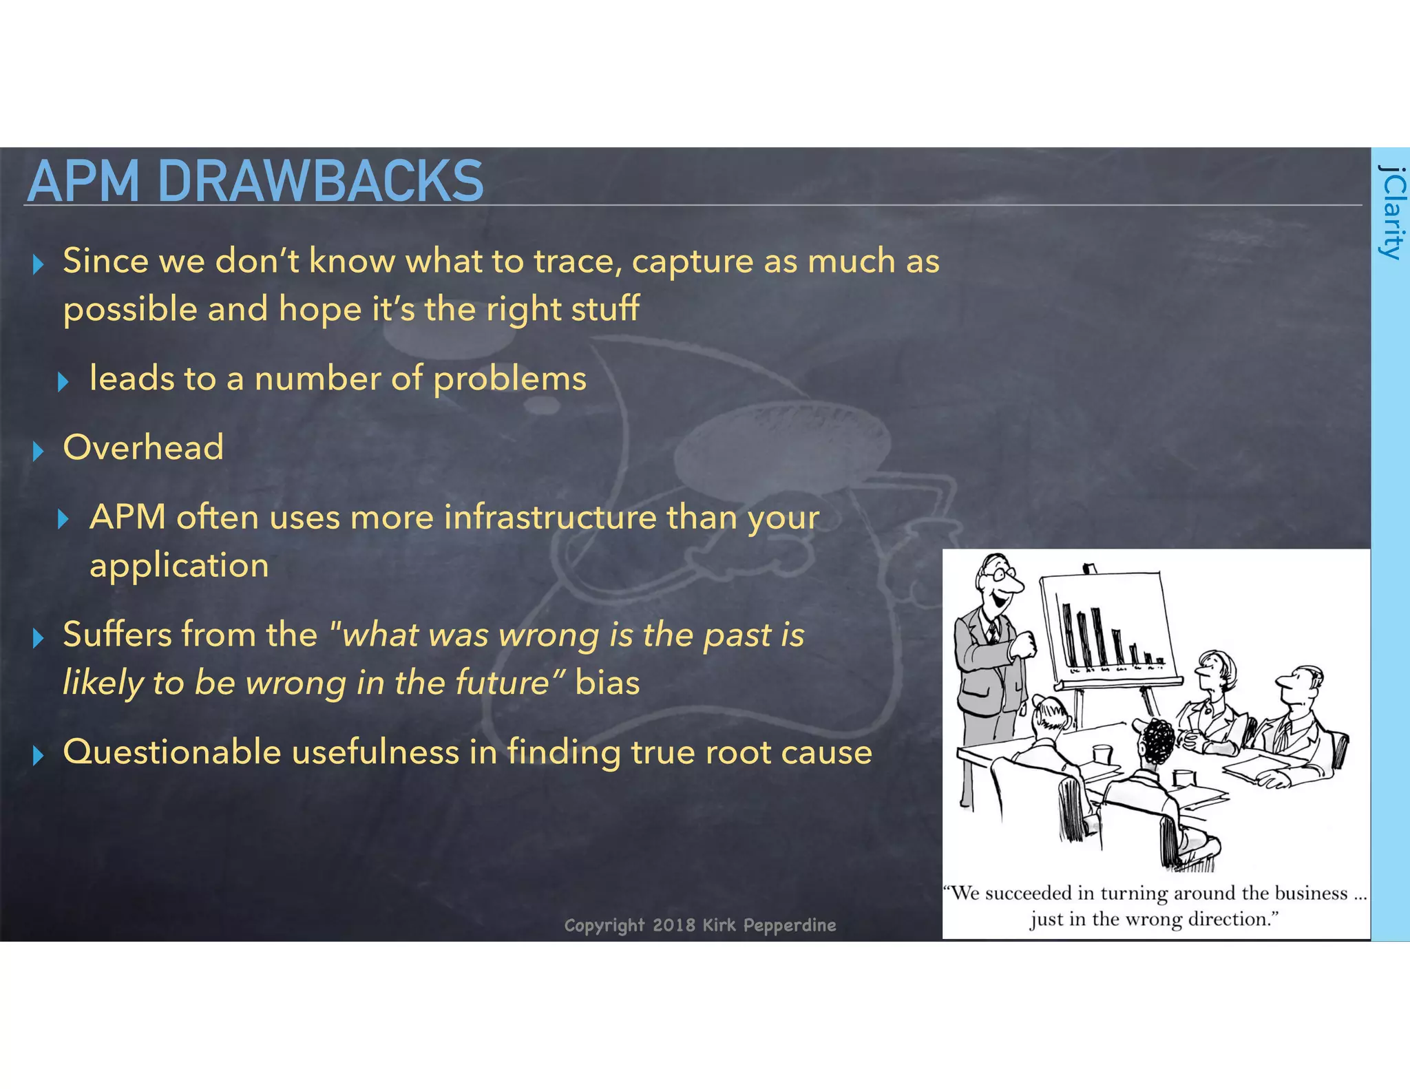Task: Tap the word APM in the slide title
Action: (x=83, y=181)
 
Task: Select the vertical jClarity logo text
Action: (x=1390, y=211)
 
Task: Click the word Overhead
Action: (x=143, y=447)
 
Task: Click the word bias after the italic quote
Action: (x=607, y=683)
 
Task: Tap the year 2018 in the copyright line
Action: (x=673, y=924)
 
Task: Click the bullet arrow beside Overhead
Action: (x=39, y=451)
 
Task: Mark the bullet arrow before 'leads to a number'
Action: (x=63, y=381)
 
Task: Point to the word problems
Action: (x=509, y=379)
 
